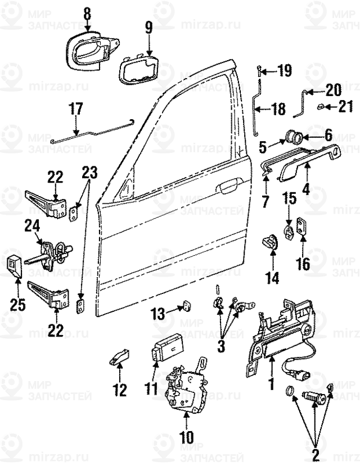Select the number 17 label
point(76,108)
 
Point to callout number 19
point(285,71)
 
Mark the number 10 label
point(186,436)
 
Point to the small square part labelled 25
point(15,264)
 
